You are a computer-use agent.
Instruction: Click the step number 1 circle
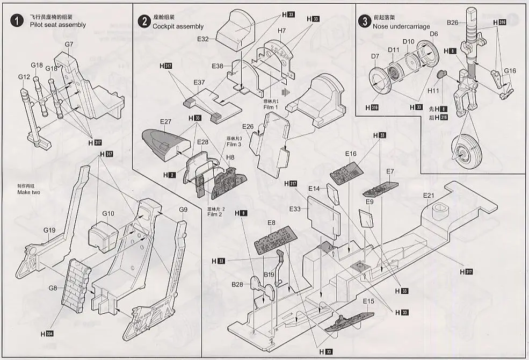17,21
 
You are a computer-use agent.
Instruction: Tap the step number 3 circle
365,22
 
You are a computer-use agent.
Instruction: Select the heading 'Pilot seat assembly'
57,25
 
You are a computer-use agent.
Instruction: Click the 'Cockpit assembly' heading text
178,26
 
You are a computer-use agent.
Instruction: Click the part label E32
203,39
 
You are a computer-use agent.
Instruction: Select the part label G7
69,44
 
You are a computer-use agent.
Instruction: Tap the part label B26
453,23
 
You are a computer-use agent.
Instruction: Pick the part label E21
428,195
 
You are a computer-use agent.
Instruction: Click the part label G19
49,231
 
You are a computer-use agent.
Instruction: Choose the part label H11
433,91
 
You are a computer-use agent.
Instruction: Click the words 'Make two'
30,192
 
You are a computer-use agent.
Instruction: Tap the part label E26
248,127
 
